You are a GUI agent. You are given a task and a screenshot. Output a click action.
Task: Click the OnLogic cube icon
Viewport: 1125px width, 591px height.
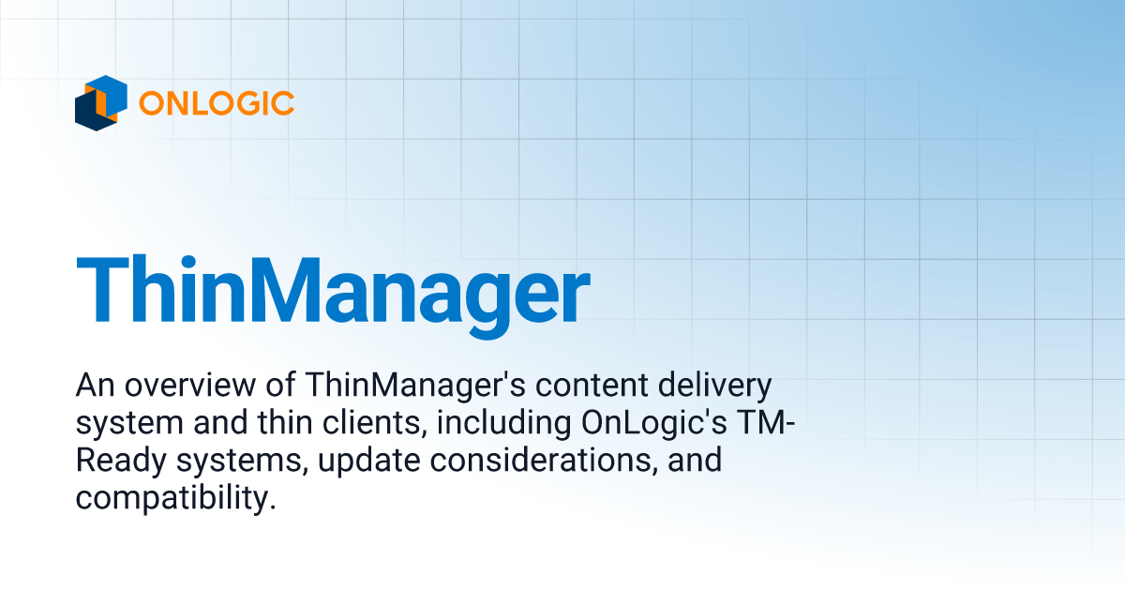[100, 102]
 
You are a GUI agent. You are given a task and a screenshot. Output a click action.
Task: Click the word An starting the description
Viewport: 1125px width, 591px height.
[92, 386]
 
